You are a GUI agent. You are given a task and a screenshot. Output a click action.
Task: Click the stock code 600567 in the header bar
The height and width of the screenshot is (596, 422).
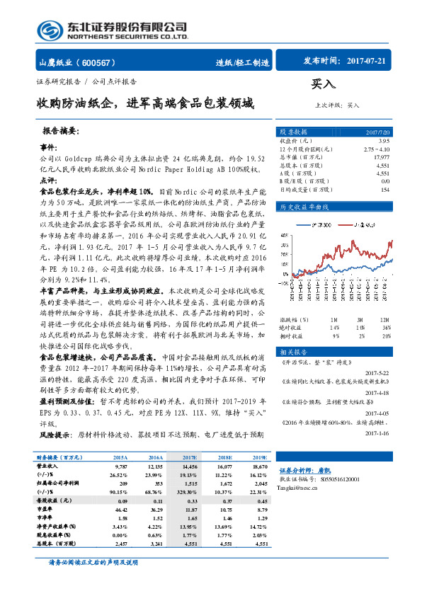coord(104,62)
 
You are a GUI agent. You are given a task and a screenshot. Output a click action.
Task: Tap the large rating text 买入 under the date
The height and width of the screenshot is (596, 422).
coord(324,84)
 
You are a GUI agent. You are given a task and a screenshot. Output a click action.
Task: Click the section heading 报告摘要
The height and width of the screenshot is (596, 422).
coord(61,132)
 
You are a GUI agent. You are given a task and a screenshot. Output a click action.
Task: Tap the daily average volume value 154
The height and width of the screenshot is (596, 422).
coord(385,190)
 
